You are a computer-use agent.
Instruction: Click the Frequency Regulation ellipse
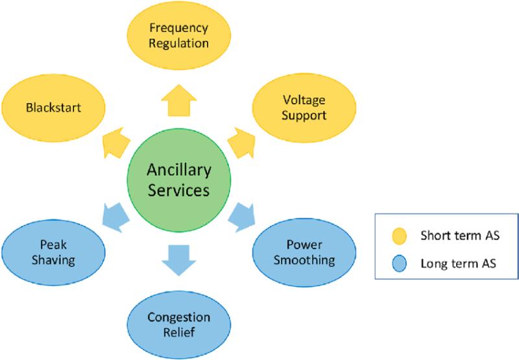[179, 36]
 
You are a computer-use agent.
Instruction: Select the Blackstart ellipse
[53, 108]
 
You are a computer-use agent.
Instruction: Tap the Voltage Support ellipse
[304, 108]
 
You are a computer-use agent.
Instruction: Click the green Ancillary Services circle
[179, 180]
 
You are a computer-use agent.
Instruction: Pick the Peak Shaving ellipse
[53, 253]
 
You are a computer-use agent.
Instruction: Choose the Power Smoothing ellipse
[304, 253]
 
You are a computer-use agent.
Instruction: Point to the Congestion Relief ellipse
[179, 325]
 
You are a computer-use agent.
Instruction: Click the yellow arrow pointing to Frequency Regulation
[179, 101]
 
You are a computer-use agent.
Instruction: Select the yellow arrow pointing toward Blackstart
[116, 143]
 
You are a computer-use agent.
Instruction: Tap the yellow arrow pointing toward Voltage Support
[242, 143]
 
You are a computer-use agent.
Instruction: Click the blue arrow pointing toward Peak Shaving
[116, 217]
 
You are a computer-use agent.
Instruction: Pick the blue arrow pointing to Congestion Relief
[179, 260]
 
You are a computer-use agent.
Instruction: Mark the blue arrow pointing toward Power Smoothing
[242, 217]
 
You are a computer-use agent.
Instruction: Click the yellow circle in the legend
[399, 236]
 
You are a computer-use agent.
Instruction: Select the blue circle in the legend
[399, 263]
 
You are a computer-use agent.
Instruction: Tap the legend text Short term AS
[460, 235]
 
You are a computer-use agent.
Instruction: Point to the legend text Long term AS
[459, 263]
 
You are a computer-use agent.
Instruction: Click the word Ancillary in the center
[179, 171]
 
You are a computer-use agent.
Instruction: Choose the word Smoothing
[304, 260]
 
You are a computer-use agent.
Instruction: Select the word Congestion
[179, 317]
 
